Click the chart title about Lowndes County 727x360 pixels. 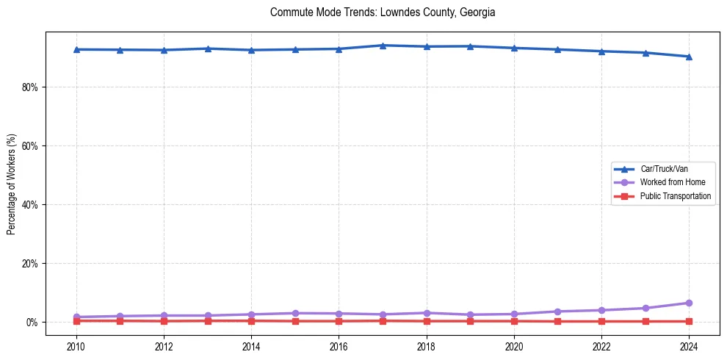(x=383, y=12)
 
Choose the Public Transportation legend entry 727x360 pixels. (x=675, y=196)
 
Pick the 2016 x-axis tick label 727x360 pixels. (x=339, y=345)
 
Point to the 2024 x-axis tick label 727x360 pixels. (x=689, y=345)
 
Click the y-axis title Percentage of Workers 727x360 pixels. (x=12, y=184)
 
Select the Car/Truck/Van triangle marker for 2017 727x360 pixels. (x=383, y=46)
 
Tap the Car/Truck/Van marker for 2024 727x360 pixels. (x=689, y=57)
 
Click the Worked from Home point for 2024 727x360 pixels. (x=689, y=303)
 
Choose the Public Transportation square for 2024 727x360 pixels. (x=689, y=321)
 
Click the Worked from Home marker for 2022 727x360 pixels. (x=601, y=310)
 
